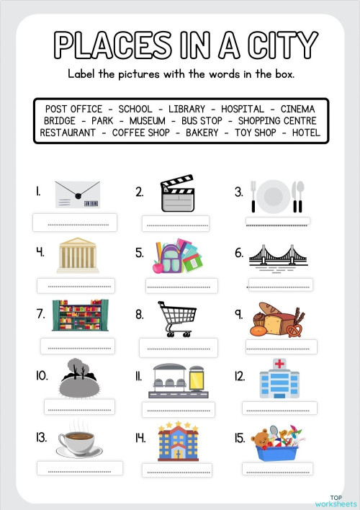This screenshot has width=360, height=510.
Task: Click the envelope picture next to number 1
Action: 77,193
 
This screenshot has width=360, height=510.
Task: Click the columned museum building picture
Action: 78,256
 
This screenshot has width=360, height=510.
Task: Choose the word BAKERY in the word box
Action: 202,133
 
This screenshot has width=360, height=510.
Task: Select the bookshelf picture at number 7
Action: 80,316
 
